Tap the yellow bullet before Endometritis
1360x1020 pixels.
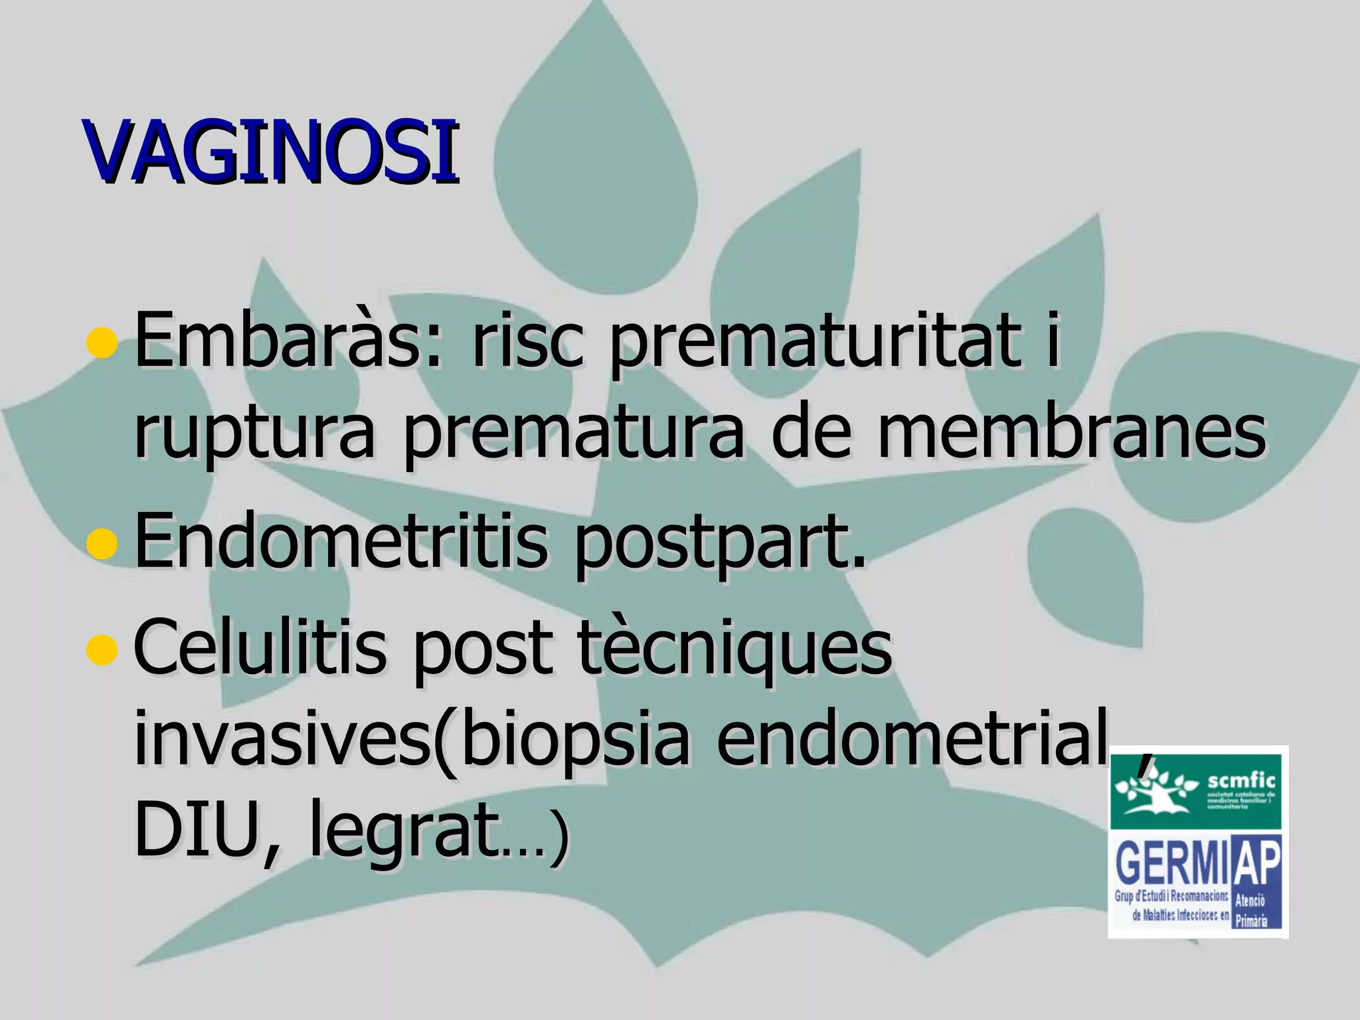point(102,543)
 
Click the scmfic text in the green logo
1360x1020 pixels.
point(1241,781)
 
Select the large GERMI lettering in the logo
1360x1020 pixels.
point(1171,862)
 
